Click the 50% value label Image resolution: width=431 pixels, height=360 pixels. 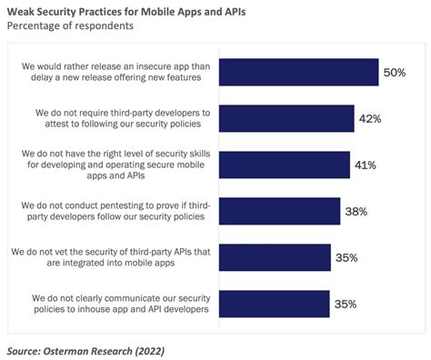pyautogui.click(x=395, y=72)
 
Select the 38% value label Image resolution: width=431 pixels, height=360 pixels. pyautogui.click(x=357, y=212)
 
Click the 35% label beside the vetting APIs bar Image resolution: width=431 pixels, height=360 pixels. pyautogui.click(x=346, y=257)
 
